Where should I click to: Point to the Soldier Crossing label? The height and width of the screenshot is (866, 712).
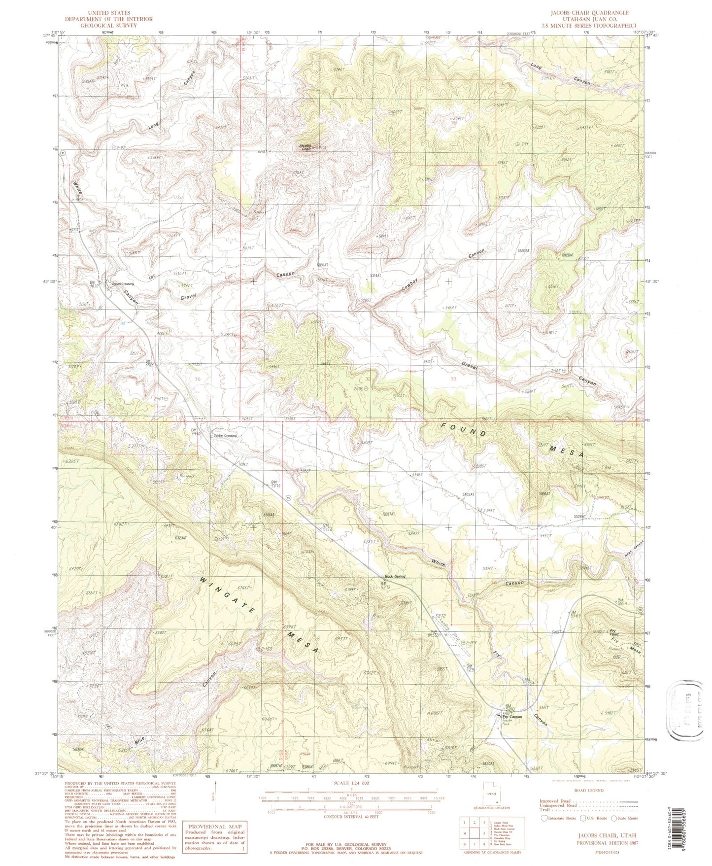tap(224, 436)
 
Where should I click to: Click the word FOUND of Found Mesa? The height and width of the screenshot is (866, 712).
tap(464, 429)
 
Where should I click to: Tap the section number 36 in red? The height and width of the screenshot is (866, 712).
tap(198, 379)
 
